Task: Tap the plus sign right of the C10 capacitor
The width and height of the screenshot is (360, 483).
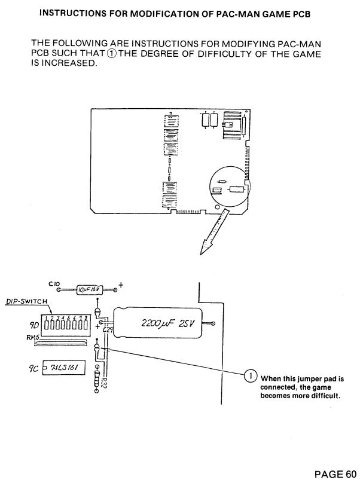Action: pos(121,284)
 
